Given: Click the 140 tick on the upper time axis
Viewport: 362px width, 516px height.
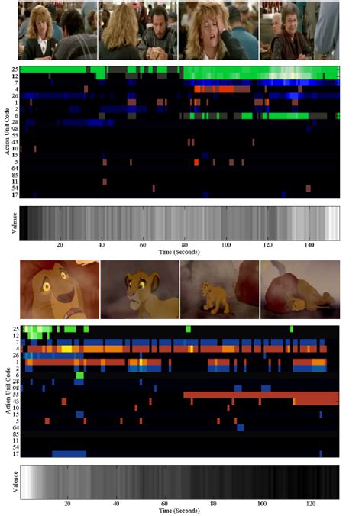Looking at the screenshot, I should (308, 244).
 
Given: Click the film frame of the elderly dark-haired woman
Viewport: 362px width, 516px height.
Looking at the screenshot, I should (299, 31).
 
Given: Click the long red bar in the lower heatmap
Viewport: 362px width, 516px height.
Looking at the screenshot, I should (260, 395).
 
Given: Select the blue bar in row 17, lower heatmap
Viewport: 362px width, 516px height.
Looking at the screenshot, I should (69, 453).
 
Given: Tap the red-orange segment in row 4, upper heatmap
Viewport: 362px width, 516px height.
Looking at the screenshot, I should (221, 89).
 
